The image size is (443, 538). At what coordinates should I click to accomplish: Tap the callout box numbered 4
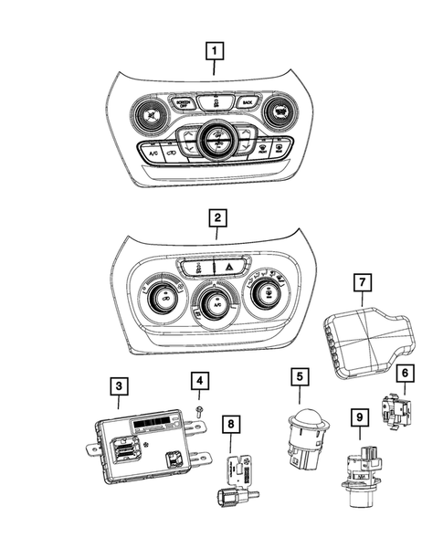tap(199, 379)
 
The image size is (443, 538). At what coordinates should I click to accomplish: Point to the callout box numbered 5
tap(298, 375)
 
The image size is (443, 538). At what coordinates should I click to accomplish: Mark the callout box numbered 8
tap(233, 424)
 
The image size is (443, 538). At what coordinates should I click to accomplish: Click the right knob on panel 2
tap(267, 292)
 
